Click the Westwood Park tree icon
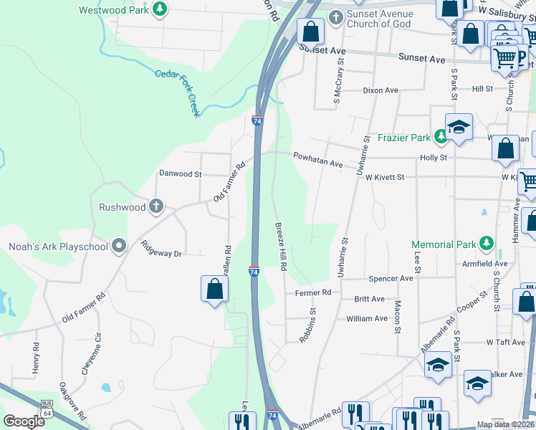pos(161,10)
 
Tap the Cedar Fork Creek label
pos(177,91)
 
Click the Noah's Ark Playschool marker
pos(119,247)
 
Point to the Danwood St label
pos(181,173)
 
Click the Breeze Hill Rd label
pos(281,246)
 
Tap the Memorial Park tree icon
pos(487,244)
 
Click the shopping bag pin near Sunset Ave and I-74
pos(310,32)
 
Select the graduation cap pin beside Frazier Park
pos(459,128)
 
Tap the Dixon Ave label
pos(381,90)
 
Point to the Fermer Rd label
pos(313,292)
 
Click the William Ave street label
pos(366,318)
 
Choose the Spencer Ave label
pos(391,278)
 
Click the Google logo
pos(24,421)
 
